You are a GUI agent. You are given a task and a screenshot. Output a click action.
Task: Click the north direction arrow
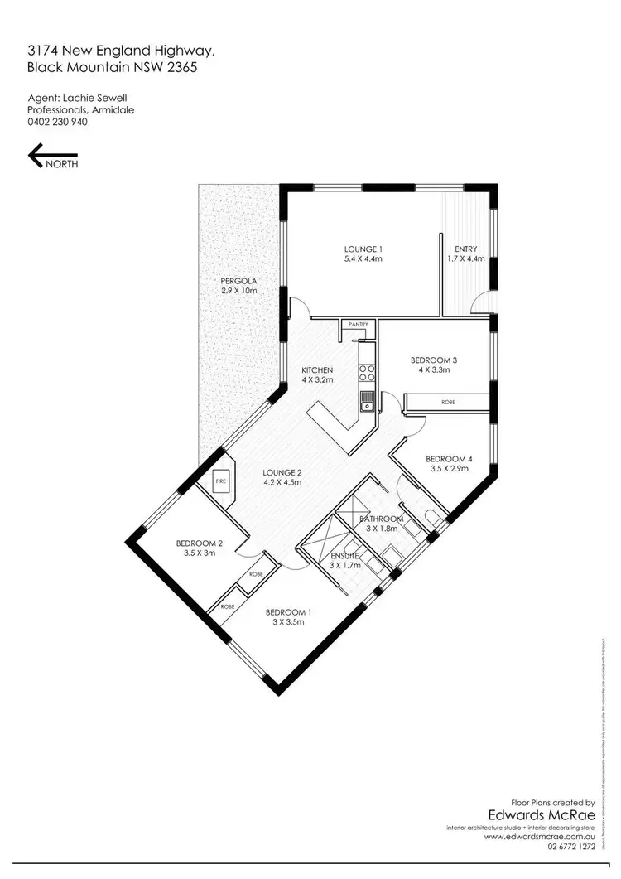[52, 156]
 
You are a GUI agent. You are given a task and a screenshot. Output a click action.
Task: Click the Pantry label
[358, 325]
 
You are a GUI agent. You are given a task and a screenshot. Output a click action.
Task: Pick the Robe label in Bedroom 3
[447, 402]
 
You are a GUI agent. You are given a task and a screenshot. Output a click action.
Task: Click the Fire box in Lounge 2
[221, 481]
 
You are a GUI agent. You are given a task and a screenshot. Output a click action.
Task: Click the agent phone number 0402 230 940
[57, 122]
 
